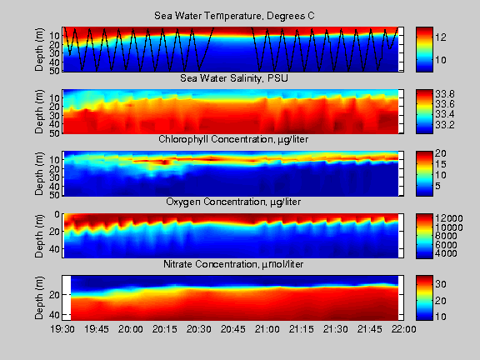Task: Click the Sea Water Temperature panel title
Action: pyautogui.click(x=234, y=16)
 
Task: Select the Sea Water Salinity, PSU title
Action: pyautogui.click(x=234, y=78)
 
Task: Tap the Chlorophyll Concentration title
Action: pyautogui.click(x=233, y=140)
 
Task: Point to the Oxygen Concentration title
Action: pyautogui.click(x=233, y=202)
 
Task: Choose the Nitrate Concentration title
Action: pyautogui.click(x=233, y=264)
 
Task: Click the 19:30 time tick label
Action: pyautogui.click(x=62, y=329)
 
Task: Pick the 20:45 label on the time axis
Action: pyautogui.click(x=233, y=329)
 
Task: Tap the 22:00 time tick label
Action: pyautogui.click(x=404, y=329)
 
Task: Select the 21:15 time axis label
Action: pyautogui.click(x=302, y=329)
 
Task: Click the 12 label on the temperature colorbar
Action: pyautogui.click(x=441, y=37)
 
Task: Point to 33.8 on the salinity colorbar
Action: pyautogui.click(x=445, y=94)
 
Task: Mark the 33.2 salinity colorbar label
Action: pyautogui.click(x=445, y=125)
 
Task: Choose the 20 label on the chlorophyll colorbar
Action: pyautogui.click(x=441, y=153)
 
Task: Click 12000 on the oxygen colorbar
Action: pyautogui.click(x=449, y=218)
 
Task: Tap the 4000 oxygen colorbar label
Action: pyautogui.click(x=447, y=253)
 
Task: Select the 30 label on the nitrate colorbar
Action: pyautogui.click(x=441, y=284)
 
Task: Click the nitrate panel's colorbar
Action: pyautogui.click(x=424, y=297)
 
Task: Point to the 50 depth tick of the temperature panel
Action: pyautogui.click(x=55, y=69)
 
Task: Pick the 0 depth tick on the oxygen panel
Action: pyautogui.click(x=57, y=214)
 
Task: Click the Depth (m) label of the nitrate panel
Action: pyautogui.click(x=39, y=297)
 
